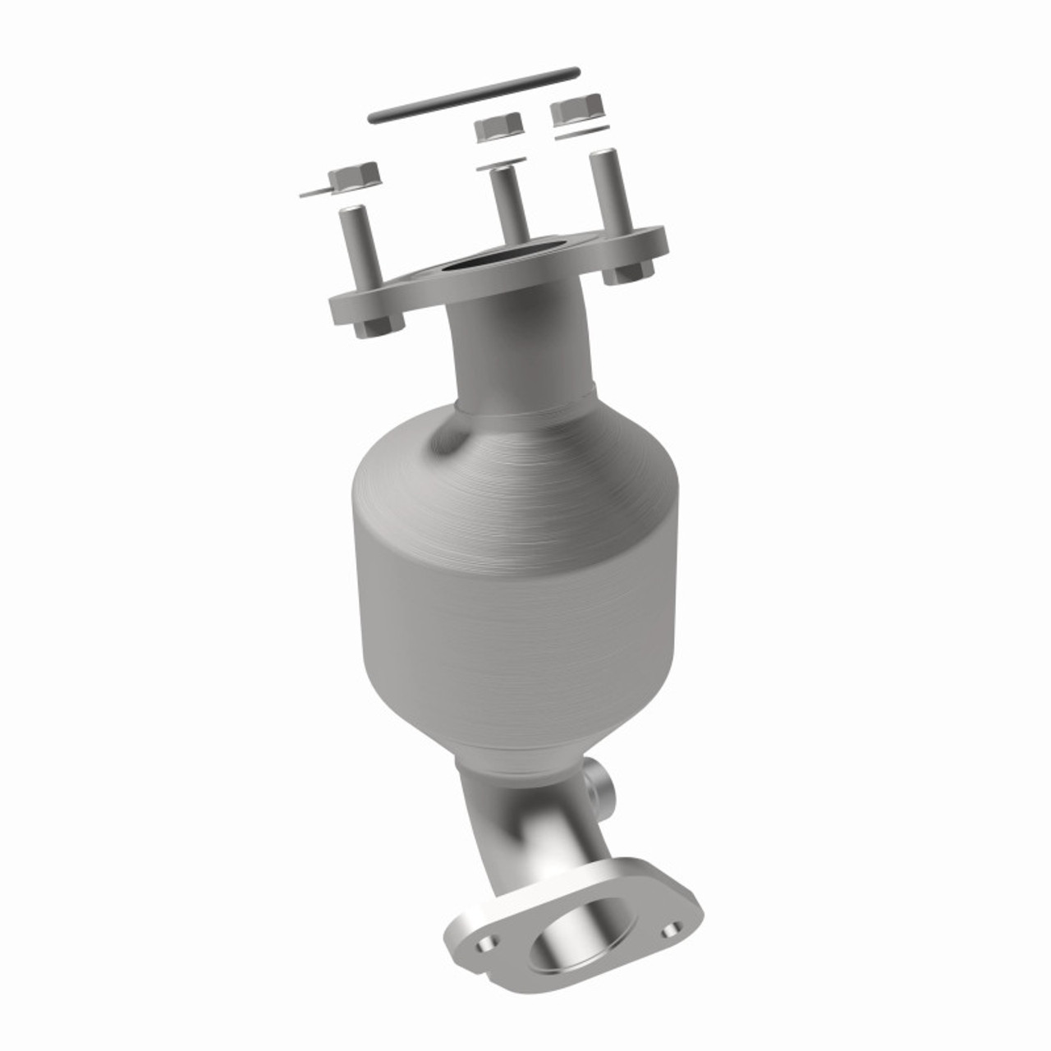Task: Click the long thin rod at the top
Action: point(474,97)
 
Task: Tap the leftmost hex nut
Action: point(354,175)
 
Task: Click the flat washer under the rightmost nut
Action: point(582,132)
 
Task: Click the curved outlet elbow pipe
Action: point(525,829)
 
